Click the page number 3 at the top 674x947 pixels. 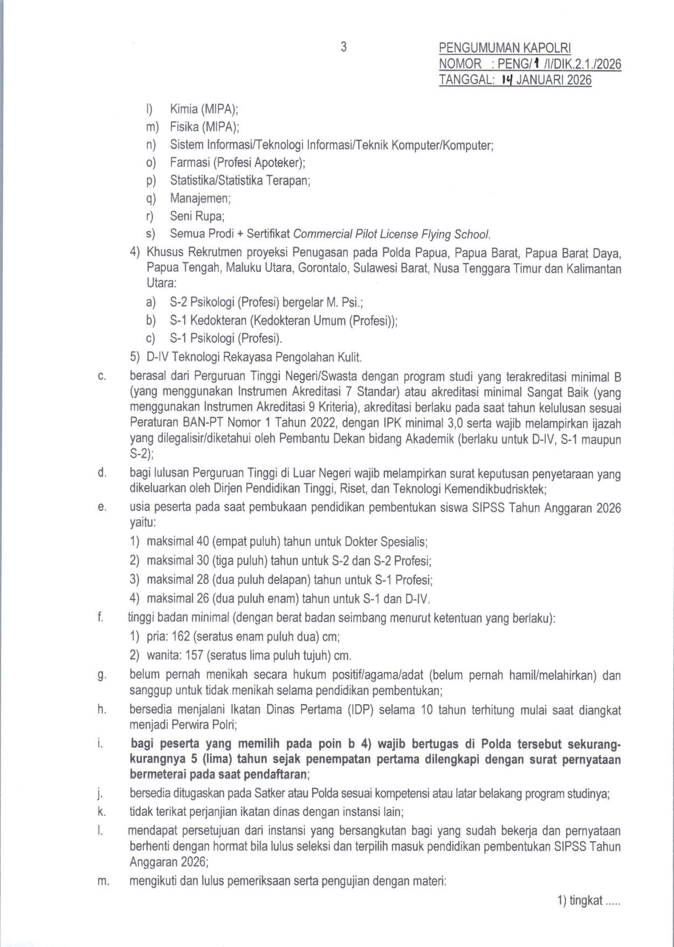click(343, 47)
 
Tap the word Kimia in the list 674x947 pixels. click(184, 109)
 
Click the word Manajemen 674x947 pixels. click(200, 199)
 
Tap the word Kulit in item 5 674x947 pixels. click(349, 357)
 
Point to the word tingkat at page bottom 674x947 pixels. click(585, 900)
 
